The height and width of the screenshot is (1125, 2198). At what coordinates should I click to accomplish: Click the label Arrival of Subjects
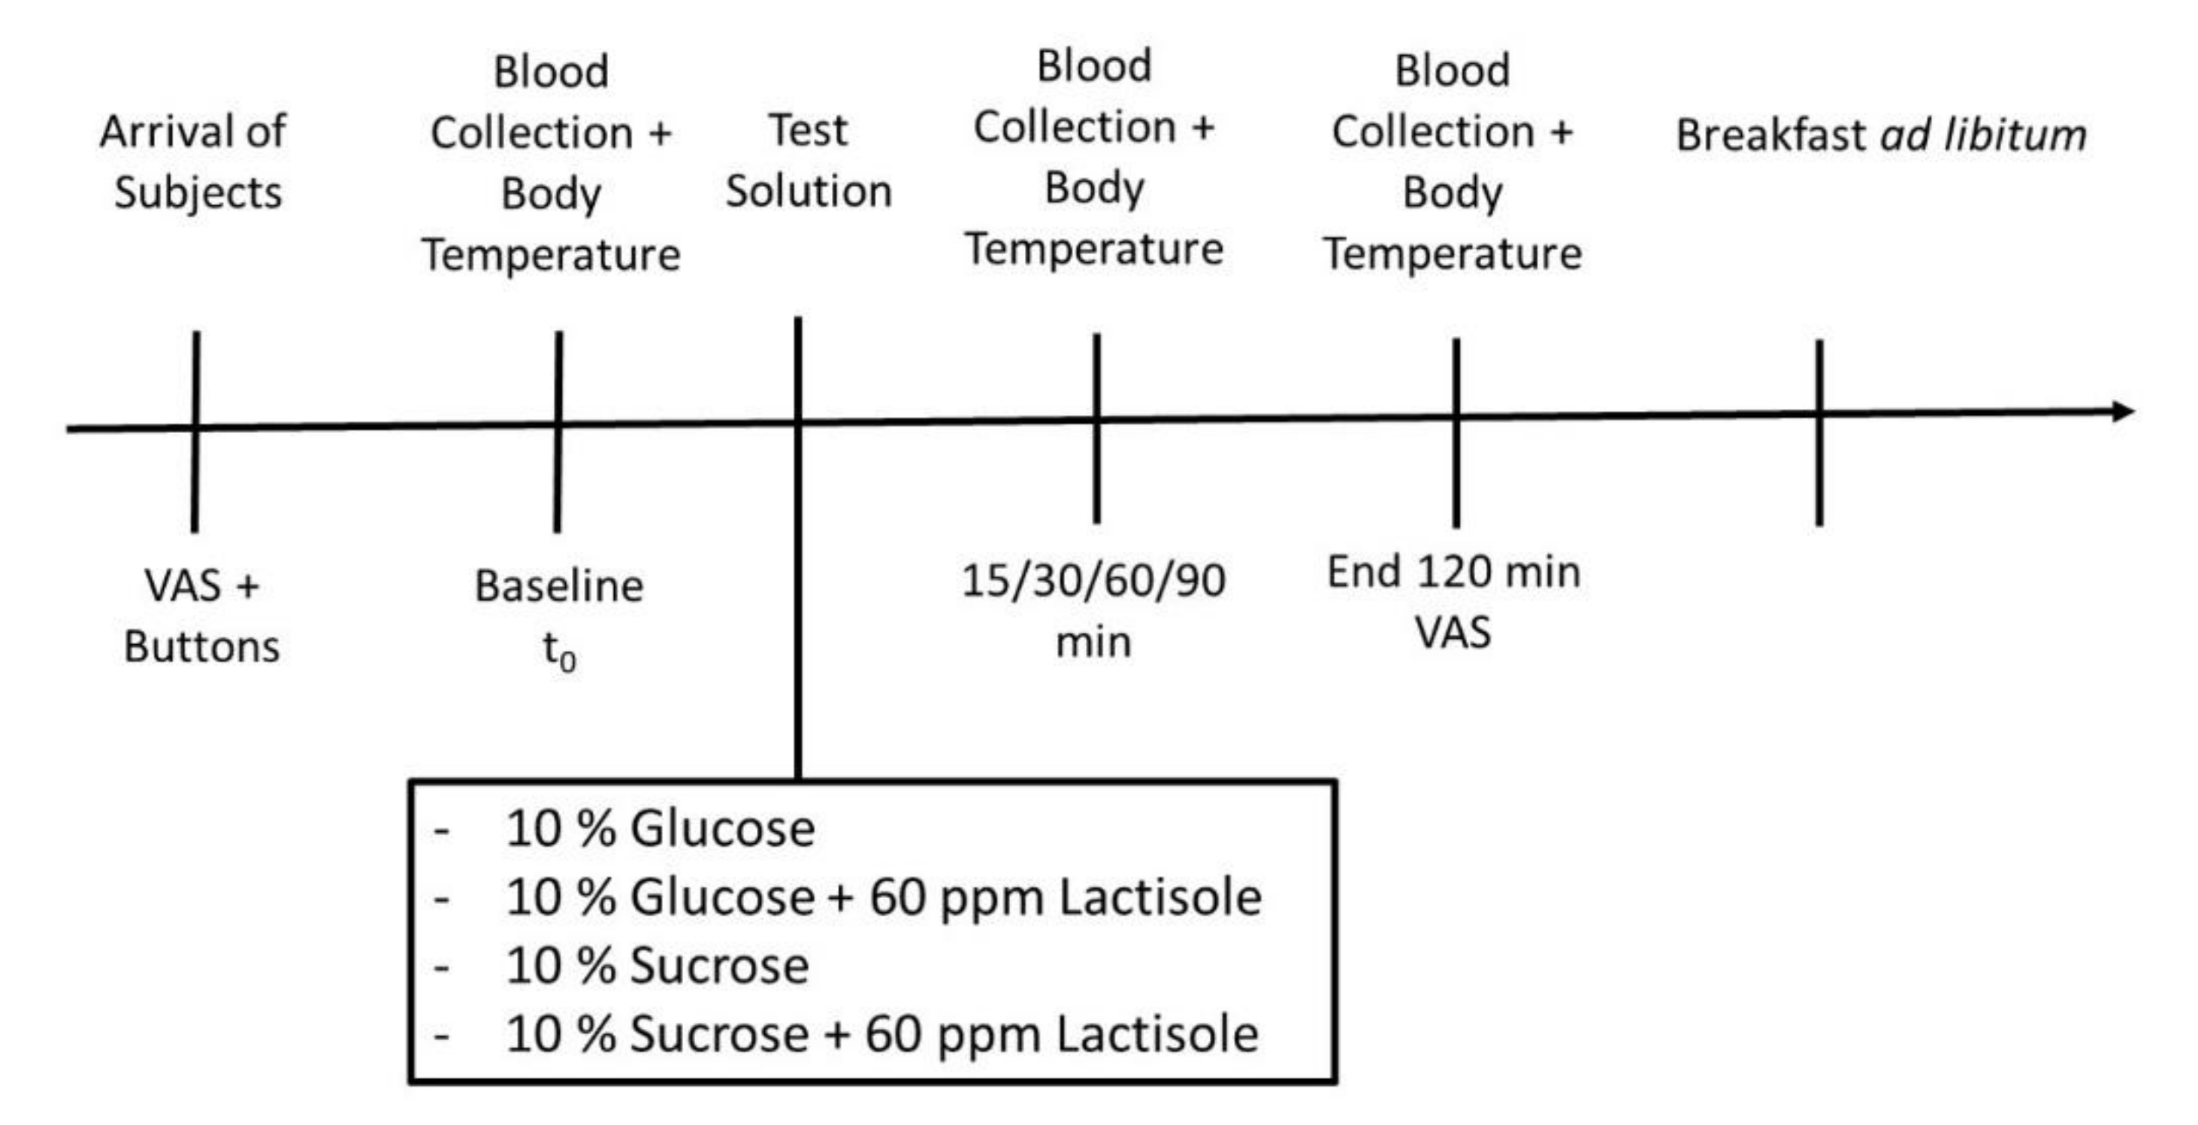[195, 162]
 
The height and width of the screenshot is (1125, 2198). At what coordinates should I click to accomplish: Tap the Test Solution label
[808, 161]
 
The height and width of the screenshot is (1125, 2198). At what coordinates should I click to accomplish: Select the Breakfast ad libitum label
[1882, 135]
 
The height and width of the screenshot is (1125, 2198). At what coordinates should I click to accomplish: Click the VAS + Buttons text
[201, 615]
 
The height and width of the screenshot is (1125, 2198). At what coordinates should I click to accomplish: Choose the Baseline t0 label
[559, 616]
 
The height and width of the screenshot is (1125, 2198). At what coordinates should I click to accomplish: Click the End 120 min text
[1453, 572]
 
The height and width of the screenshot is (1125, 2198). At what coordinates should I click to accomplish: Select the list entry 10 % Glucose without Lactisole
[660, 828]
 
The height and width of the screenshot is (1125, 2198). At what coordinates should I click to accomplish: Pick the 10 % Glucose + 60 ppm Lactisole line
[883, 897]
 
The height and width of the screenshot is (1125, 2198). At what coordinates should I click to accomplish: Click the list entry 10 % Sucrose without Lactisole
[657, 966]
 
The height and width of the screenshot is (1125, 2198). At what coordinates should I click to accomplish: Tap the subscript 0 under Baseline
[568, 660]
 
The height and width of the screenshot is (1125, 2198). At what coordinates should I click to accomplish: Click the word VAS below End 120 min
[1453, 633]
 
